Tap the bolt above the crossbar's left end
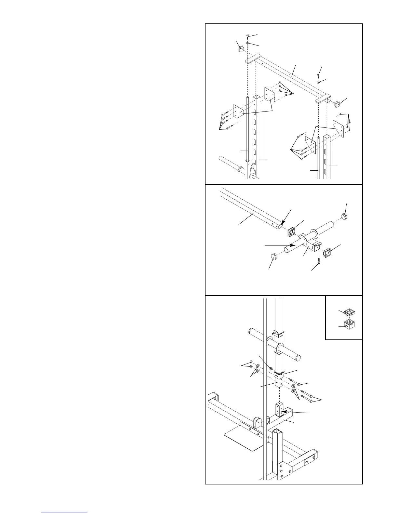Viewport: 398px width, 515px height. click(248, 35)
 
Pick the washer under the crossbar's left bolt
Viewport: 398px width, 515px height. click(248, 42)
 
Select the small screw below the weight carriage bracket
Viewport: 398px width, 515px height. click(319, 261)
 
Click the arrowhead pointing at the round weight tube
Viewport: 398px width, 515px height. click(294, 245)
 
